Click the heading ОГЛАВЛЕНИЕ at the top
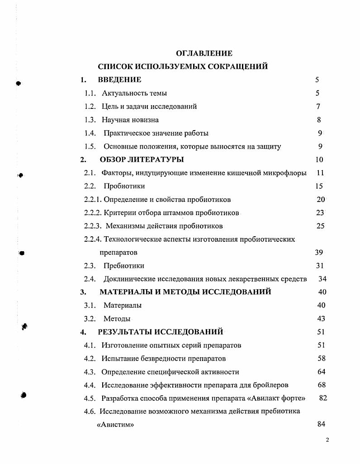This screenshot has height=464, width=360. (204, 53)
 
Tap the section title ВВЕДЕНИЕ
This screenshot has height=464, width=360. (119, 80)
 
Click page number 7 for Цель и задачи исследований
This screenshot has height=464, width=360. (318, 107)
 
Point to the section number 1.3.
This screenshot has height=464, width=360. (90, 120)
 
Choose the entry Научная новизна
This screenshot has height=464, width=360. (130, 120)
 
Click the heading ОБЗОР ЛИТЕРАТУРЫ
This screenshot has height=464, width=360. (142, 159)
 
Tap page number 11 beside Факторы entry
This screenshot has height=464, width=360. (320, 173)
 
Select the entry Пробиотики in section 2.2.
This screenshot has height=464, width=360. (124, 186)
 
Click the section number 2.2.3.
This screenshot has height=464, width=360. (93, 226)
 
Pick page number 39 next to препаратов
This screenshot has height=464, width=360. (319, 253)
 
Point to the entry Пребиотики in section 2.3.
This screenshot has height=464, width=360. (124, 266)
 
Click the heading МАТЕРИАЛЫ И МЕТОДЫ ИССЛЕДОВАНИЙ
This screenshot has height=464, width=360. (185, 292)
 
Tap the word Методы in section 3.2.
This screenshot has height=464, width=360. (117, 319)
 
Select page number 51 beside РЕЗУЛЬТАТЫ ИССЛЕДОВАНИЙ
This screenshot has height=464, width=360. (321, 332)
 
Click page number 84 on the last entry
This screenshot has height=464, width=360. (321, 424)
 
